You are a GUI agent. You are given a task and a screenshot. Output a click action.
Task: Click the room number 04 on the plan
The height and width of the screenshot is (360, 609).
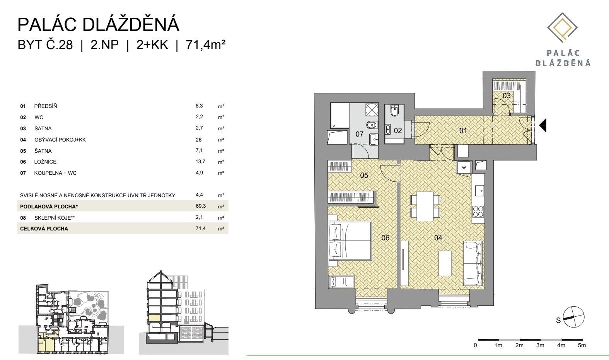tap(438, 238)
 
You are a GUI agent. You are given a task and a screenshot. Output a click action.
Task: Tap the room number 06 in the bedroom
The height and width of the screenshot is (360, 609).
tap(385, 238)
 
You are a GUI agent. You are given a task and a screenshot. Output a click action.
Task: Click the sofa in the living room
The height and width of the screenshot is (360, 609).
tap(473, 263)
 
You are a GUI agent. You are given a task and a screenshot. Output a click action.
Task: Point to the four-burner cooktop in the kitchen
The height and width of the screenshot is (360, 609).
tap(478, 212)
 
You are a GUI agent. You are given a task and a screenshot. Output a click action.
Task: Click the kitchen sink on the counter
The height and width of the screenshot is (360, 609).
tap(479, 191)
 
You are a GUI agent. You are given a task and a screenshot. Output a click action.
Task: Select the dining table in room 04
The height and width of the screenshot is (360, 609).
tap(425, 206)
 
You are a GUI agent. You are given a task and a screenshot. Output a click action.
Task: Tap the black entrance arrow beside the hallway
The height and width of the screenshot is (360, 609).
tap(542, 125)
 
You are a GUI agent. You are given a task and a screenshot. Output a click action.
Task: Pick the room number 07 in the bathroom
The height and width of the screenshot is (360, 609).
tap(360, 134)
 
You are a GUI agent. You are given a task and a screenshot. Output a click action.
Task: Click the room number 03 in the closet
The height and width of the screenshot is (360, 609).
tap(506, 96)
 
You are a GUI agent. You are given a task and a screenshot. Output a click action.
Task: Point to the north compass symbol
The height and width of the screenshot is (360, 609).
tap(573, 317)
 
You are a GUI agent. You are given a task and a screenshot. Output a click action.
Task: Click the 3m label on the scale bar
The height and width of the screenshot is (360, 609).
tap(540, 345)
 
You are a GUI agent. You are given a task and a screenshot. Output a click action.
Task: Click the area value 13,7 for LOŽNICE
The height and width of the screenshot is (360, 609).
tap(200, 162)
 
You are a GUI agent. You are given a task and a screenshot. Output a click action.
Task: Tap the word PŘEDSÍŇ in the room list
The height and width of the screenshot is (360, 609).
tap(46, 106)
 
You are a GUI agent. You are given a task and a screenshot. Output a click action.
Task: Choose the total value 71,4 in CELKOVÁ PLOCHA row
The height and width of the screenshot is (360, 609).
tap(200, 229)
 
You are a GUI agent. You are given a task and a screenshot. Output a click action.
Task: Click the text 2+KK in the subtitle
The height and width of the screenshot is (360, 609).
tap(152, 45)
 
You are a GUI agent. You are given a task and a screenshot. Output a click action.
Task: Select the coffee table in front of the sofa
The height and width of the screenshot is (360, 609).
tap(445, 263)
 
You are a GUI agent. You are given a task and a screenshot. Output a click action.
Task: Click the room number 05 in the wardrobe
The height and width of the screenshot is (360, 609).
tap(364, 176)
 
